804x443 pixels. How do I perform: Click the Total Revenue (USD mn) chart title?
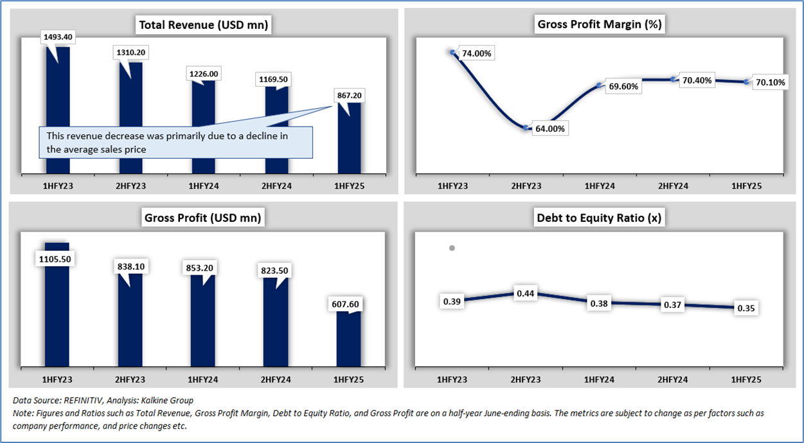click(203, 25)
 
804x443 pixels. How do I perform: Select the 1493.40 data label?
click(58, 37)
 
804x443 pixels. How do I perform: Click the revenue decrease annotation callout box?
click(176, 142)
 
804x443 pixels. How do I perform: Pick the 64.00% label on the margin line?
click(549, 129)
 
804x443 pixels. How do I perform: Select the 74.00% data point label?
click(476, 53)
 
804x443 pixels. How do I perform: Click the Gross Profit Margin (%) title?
click(600, 25)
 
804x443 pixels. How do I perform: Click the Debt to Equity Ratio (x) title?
click(598, 218)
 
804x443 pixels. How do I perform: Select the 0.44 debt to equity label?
click(526, 294)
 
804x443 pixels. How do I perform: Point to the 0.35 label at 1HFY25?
click(746, 308)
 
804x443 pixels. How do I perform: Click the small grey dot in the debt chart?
click(452, 248)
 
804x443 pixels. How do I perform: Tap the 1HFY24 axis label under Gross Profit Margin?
click(599, 186)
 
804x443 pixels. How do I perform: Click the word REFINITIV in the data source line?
click(85, 401)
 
